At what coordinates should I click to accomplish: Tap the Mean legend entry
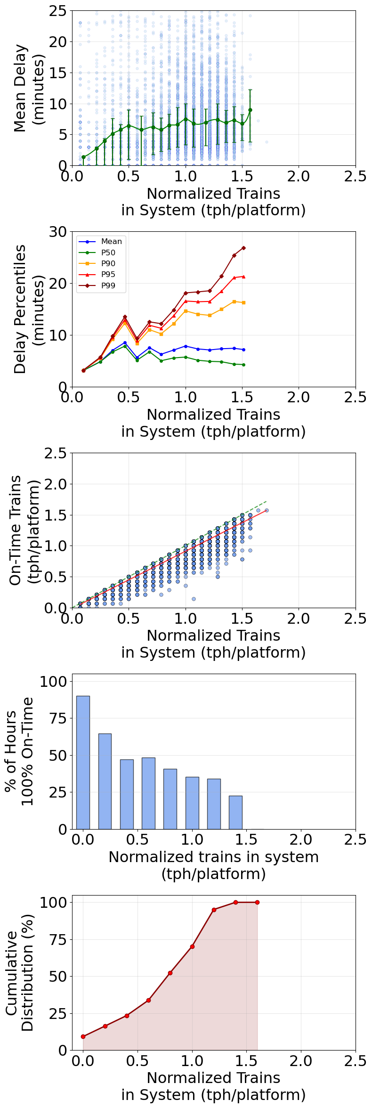[111, 241]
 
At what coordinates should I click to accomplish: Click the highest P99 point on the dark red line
[243, 248]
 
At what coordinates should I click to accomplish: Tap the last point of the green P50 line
[243, 365]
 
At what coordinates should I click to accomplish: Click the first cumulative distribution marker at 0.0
[83, 1036]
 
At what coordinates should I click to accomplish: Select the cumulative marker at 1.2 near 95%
[214, 910]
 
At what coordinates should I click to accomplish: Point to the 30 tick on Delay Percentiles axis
[59, 231]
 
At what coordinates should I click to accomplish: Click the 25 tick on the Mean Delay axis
[59, 11]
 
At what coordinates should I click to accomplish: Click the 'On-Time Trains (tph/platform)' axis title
[24, 530]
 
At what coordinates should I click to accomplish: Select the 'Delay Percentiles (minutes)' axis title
[27, 309]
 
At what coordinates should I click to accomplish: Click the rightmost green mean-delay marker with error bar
[250, 110]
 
